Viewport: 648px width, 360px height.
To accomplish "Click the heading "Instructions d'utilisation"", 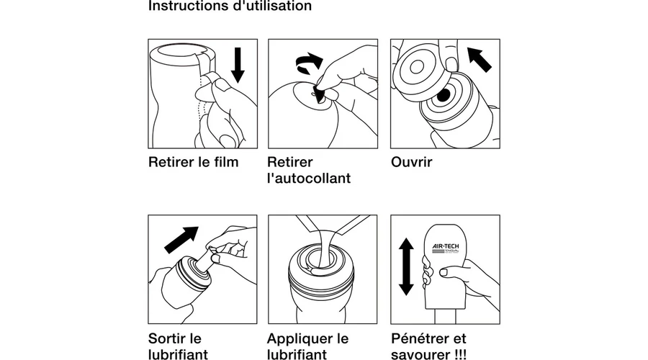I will click(230, 6).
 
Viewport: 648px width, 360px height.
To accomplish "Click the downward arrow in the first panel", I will click(238, 66).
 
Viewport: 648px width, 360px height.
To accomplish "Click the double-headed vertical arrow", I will click(407, 266).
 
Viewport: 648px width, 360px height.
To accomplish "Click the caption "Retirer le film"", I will click(193, 161).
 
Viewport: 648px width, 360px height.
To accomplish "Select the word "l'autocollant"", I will click(308, 179).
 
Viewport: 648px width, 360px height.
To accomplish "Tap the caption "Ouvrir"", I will click(411, 161).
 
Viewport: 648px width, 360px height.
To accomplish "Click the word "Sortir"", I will click(170, 338).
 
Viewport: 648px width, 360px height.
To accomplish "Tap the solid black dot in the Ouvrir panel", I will click(444, 95).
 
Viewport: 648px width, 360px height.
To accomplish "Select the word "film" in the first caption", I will click(225, 161).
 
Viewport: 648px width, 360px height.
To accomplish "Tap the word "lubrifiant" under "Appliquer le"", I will click(297, 354).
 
